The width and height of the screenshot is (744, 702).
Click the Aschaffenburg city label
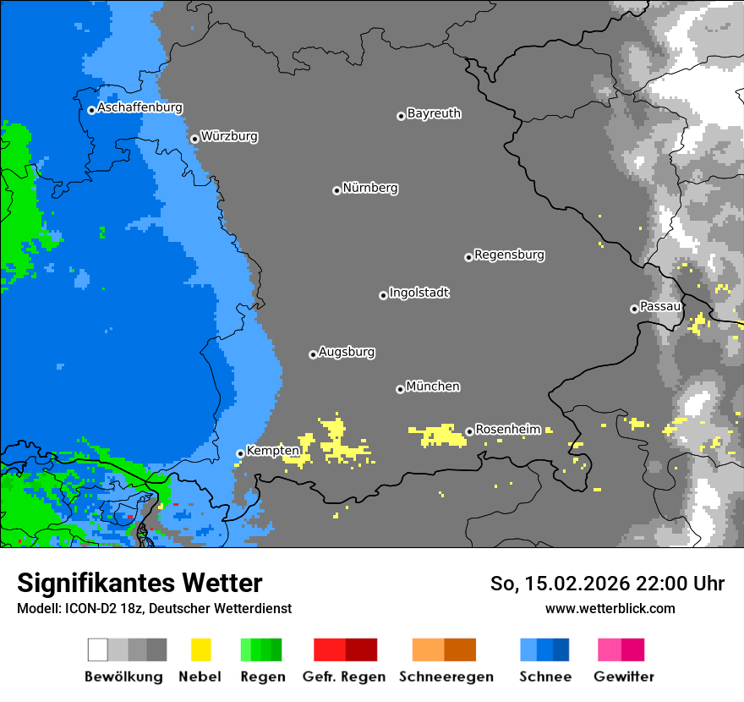(x=139, y=108)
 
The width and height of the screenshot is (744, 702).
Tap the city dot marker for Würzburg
(x=194, y=139)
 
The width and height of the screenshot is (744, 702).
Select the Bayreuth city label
(x=434, y=113)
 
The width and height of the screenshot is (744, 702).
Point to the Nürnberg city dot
(x=336, y=190)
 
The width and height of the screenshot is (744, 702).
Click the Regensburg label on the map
(x=509, y=255)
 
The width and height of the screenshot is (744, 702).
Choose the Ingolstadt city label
(x=418, y=293)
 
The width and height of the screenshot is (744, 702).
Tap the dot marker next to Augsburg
(x=313, y=354)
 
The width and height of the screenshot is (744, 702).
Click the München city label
(x=433, y=387)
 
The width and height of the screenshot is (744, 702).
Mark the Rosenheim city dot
(x=469, y=431)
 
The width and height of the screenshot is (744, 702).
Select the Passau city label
(x=660, y=306)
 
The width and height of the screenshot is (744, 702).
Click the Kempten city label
(x=272, y=451)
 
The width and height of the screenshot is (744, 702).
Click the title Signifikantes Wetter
(x=139, y=584)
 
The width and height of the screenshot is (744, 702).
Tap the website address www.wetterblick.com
(x=610, y=608)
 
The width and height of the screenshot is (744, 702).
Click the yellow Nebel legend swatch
(x=200, y=650)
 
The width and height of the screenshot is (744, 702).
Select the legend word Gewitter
(x=624, y=677)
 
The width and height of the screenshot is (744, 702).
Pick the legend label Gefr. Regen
(x=344, y=677)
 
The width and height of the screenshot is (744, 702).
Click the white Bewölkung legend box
(x=98, y=650)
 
